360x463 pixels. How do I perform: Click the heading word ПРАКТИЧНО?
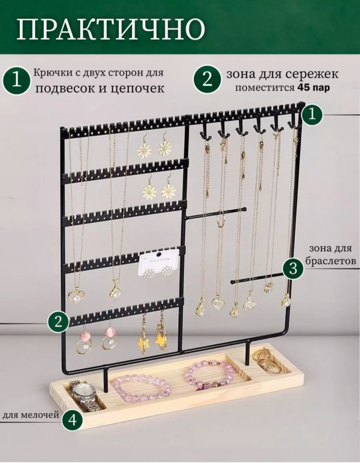[111, 30]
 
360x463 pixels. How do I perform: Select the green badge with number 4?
[72, 419]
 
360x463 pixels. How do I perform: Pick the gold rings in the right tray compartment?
[268, 361]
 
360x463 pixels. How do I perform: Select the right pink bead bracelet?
[210, 375]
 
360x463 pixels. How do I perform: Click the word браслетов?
[330, 262]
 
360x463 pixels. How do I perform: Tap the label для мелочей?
[31, 415]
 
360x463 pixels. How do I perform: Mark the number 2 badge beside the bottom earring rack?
[58, 321]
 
